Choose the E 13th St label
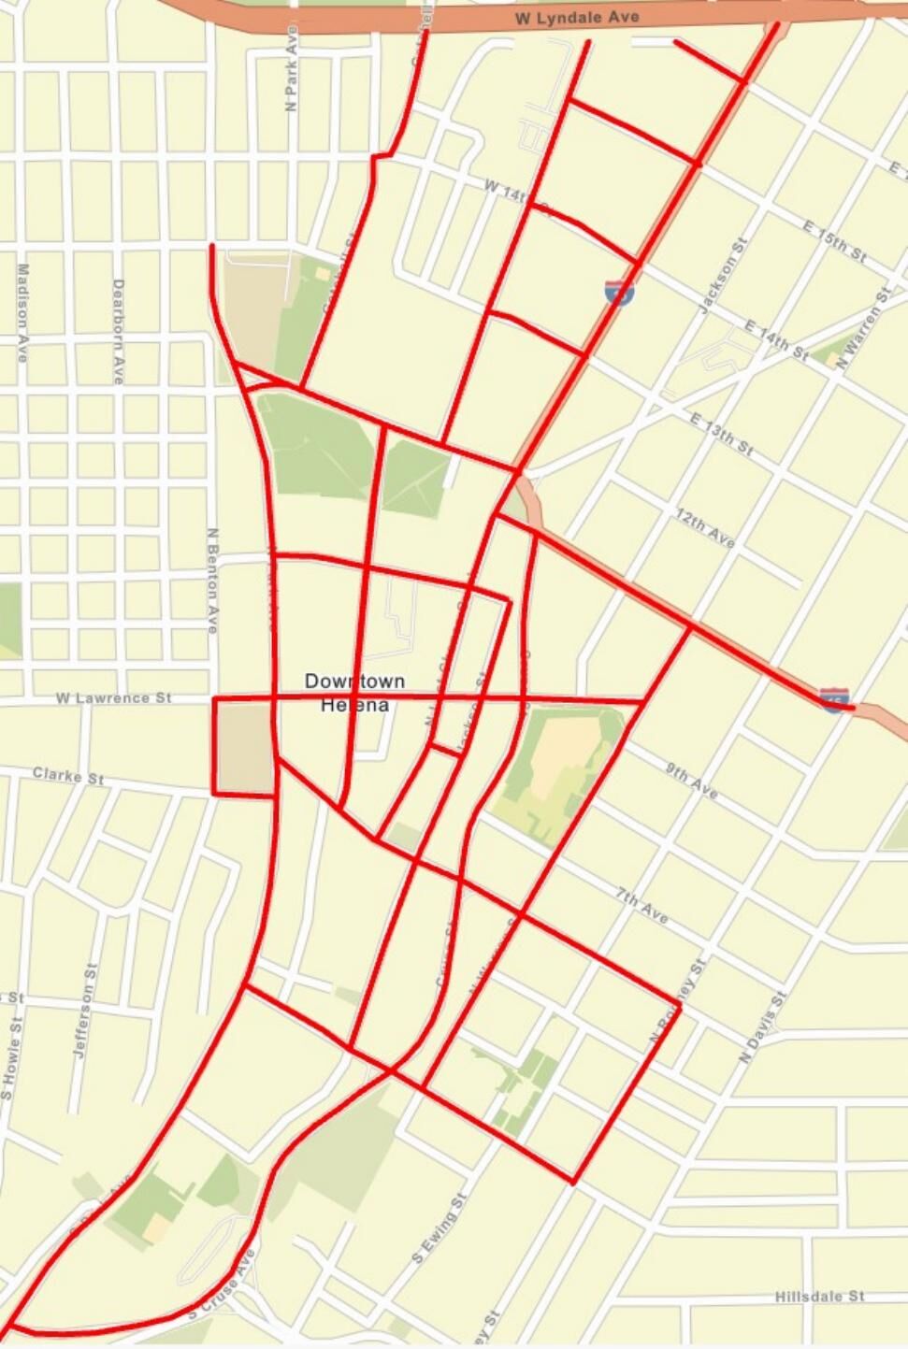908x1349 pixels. (x=722, y=432)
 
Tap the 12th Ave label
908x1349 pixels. (x=706, y=528)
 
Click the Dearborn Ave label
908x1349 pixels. (x=118, y=330)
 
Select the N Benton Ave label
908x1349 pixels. (x=212, y=580)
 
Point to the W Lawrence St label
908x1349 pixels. (x=114, y=697)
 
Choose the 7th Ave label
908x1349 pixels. (x=642, y=906)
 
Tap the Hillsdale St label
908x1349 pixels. (x=820, y=1297)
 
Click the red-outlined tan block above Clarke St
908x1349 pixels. (x=243, y=747)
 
